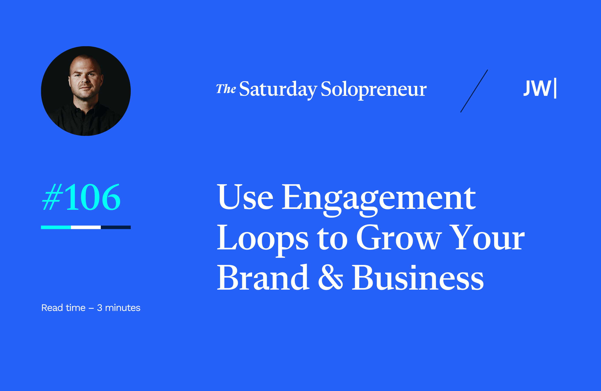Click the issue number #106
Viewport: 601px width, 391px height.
click(81, 197)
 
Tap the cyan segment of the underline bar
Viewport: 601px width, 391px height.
click(56, 227)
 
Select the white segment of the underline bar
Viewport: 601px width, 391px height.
click(86, 227)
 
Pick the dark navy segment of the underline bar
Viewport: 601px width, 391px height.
click(116, 227)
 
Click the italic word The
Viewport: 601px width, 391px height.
click(226, 89)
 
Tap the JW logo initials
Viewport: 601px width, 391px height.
click(537, 88)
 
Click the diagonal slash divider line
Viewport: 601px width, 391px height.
click(474, 91)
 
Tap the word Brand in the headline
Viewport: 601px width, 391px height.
click(263, 278)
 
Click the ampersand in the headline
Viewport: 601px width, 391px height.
click(330, 278)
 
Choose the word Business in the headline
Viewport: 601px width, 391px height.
click(418, 278)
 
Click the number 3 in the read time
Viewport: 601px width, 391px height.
click(99, 308)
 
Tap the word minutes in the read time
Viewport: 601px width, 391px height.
click(122, 308)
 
